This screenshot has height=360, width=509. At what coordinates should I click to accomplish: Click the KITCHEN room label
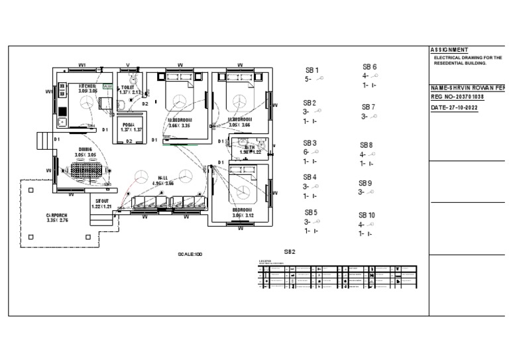click(87, 87)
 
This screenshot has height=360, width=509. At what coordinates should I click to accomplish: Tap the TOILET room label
click(127, 87)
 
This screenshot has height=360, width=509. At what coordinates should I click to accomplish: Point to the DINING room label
click(85, 149)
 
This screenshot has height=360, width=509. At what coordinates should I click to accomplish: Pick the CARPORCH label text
click(57, 215)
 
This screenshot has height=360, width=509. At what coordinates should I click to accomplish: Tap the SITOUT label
click(101, 200)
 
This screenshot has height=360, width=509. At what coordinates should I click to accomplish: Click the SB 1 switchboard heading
click(311, 70)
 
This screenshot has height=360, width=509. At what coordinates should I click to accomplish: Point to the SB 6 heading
click(369, 67)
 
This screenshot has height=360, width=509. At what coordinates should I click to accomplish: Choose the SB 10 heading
click(367, 215)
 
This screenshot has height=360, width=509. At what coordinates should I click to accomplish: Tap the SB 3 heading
click(310, 143)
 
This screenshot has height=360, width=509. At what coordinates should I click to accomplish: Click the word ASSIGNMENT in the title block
click(449, 50)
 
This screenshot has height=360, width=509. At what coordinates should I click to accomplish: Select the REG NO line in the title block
click(458, 97)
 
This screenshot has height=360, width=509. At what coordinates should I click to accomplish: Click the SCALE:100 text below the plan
click(190, 255)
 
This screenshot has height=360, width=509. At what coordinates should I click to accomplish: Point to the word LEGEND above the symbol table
click(265, 261)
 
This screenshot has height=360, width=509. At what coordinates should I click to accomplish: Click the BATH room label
click(249, 148)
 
